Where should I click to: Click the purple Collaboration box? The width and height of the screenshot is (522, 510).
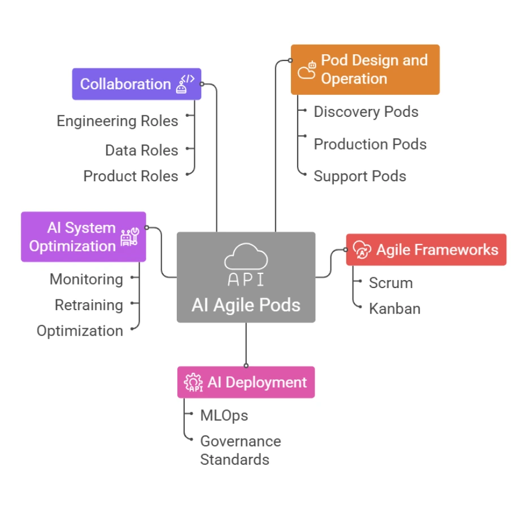136,84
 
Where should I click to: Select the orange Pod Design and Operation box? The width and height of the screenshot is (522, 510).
365,69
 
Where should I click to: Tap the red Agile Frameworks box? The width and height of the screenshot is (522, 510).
426,250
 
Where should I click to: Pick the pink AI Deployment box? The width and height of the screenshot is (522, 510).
246,382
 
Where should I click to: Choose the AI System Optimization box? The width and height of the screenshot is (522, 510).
83,237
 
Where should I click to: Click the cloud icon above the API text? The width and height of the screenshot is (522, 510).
246,256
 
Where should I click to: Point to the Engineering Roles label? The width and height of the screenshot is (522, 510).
118,121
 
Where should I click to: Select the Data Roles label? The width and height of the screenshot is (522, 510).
141,150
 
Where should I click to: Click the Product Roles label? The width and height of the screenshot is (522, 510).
130,176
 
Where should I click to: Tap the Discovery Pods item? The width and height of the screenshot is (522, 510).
366,112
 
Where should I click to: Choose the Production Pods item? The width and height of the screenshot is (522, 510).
370,144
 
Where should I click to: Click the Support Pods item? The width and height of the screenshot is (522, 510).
360,176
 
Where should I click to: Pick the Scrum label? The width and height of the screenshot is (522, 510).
391,283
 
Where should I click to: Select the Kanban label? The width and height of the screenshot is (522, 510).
394,309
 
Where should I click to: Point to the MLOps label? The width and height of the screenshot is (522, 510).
224,416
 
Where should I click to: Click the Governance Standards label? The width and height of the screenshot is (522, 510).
240,450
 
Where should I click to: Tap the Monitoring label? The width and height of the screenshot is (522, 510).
86,279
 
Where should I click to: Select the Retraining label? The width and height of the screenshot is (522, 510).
89,305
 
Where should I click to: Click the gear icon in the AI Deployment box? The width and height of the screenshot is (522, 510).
193,383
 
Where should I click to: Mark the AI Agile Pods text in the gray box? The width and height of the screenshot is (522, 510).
246,305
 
